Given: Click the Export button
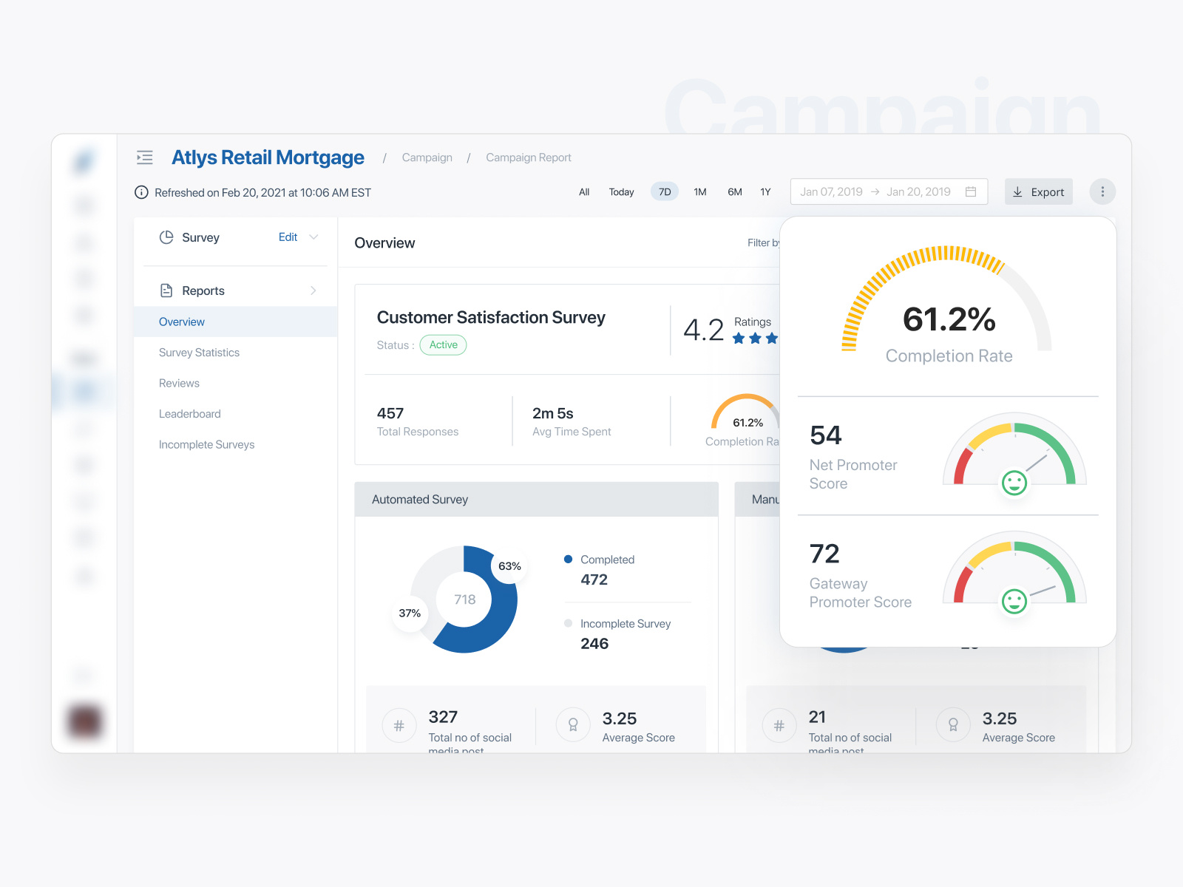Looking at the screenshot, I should point(1038,192).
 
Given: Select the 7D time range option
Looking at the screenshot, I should point(665,192).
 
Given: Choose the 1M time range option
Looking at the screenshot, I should point(699,192).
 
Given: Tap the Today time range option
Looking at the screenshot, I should point(621,192).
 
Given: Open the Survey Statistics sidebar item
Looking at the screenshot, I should point(199,353).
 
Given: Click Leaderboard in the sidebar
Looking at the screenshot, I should point(189,414).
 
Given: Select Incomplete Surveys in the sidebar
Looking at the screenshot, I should point(206,444).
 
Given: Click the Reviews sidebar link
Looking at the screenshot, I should point(179,383).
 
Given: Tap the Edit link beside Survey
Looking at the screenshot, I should point(288,237).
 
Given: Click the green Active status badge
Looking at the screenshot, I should point(443,345).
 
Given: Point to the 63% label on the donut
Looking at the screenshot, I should point(509,566).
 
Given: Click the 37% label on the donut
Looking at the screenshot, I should point(410,614).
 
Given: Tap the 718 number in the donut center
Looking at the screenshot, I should point(464,599).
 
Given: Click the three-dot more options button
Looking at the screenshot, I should point(1102,192).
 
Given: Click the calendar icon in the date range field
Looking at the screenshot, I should point(971,192).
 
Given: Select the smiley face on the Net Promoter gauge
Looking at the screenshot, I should point(1014,483).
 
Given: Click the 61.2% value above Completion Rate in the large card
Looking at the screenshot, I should point(949,319).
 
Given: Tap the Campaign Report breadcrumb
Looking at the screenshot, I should point(528,157).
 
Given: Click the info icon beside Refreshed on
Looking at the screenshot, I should point(141,193).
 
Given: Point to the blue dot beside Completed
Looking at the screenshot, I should point(568,560).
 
